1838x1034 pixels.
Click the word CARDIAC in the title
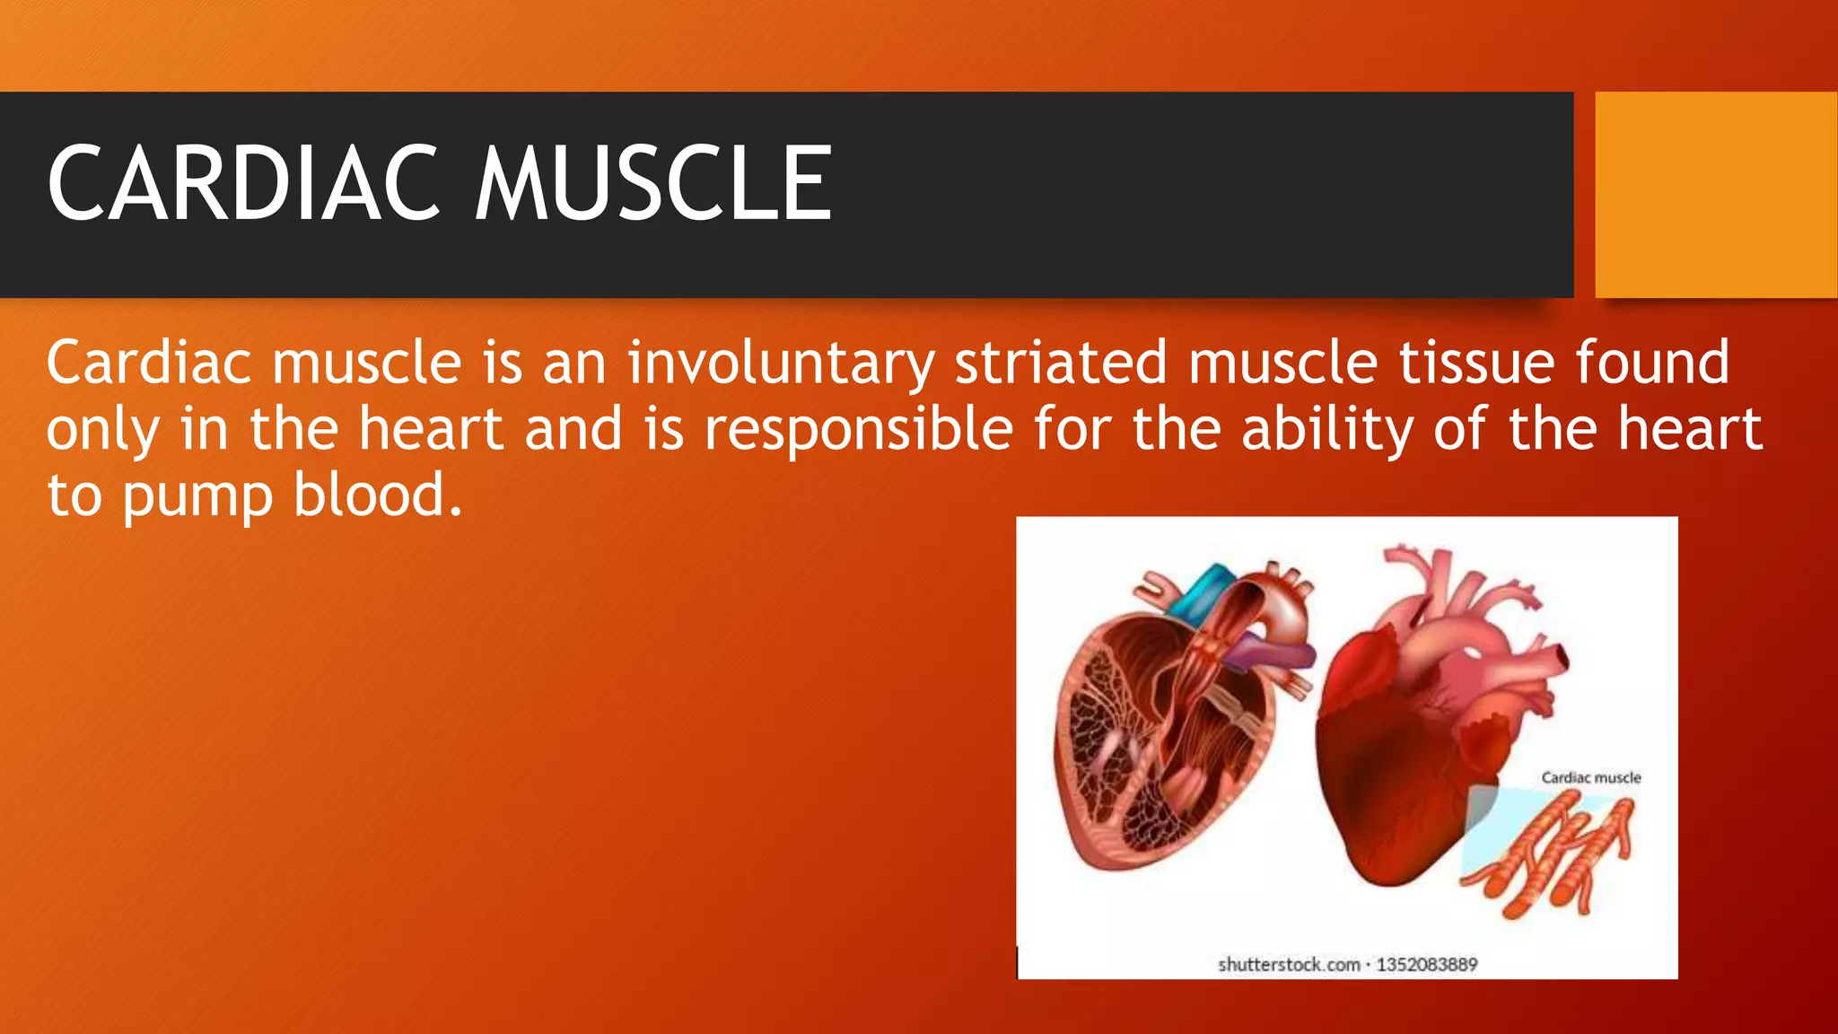[x=243, y=185]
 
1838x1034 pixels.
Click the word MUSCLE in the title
[x=653, y=185]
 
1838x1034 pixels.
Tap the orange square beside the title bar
[x=1715, y=195]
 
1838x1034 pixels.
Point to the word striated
[x=1060, y=363]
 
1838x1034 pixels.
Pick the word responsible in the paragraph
[x=859, y=429]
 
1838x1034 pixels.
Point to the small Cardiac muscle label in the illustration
[x=1590, y=777]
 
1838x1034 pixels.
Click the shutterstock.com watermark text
[x=1289, y=965]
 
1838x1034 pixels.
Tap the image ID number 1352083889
[x=1426, y=965]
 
